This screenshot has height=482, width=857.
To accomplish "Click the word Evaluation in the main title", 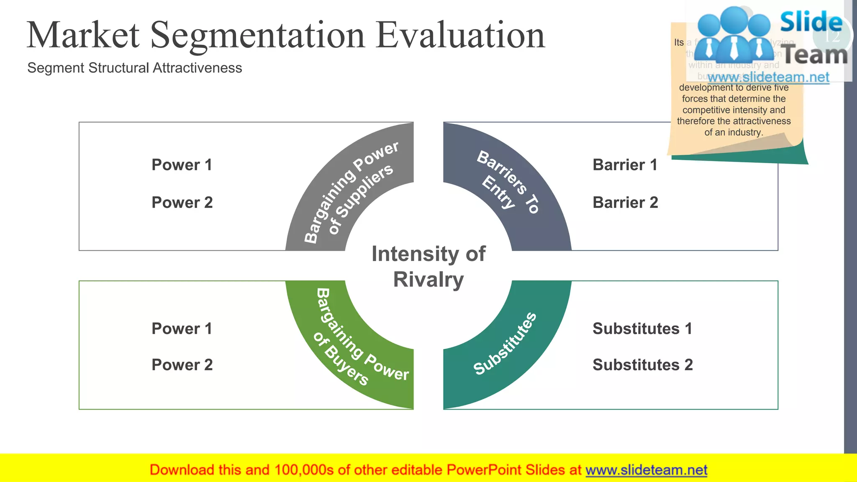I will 460,36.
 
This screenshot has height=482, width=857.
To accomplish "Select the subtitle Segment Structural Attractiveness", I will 134,68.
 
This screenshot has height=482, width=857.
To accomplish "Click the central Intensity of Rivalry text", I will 428,267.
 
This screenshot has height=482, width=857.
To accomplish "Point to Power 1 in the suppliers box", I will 182,165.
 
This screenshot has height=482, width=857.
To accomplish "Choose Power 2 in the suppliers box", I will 182,203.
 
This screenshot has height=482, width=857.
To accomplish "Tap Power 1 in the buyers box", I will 182,328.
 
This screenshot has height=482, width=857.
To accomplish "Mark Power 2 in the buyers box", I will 182,365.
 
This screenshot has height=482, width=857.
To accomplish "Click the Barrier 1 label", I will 625,165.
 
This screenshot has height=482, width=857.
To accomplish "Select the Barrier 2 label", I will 625,203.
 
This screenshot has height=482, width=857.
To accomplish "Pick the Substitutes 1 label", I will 642,328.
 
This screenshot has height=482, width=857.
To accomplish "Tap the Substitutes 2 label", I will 643,365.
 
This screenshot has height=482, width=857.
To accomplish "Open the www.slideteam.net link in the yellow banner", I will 646,470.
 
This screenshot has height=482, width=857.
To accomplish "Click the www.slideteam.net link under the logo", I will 768,77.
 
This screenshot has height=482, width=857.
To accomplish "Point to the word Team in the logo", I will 814,55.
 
